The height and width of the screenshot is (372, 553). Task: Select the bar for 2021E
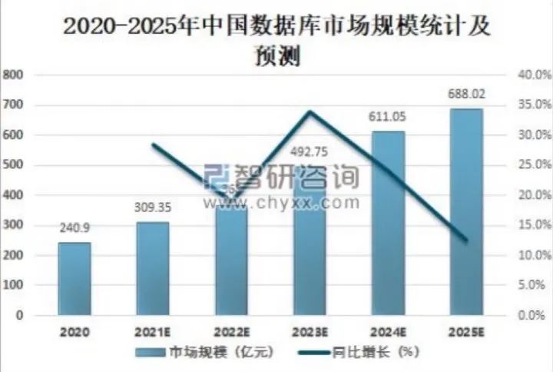coord(153,268)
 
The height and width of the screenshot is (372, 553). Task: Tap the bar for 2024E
coord(388,223)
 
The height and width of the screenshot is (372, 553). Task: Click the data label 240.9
coord(75,228)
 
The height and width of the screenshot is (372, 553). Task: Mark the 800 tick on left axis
coord(15,75)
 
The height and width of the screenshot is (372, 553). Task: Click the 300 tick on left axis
coord(15,225)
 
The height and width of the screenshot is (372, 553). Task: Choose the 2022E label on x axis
coord(231,332)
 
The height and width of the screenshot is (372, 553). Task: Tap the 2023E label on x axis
coord(309,332)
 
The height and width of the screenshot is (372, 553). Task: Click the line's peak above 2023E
coord(309,111)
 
